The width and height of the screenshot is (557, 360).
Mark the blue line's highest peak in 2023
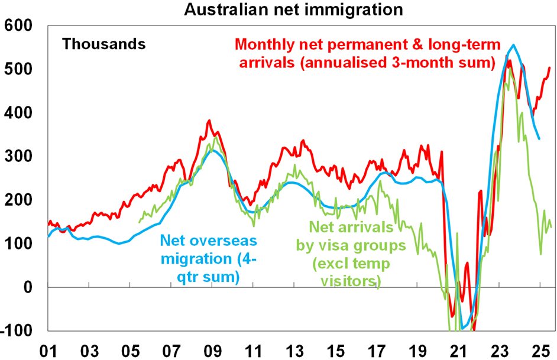(x=513, y=45)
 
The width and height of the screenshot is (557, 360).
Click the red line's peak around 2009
(x=209, y=121)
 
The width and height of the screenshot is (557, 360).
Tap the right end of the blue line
(x=539, y=139)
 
